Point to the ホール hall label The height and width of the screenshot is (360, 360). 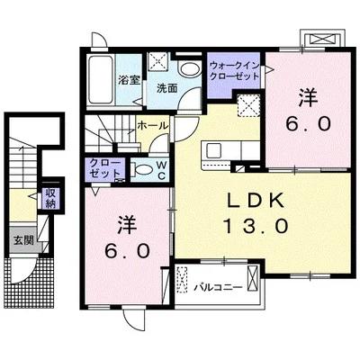click(x=150, y=126)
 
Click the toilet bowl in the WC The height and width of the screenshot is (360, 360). click(x=142, y=168)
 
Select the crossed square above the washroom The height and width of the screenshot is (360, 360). click(x=159, y=62)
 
